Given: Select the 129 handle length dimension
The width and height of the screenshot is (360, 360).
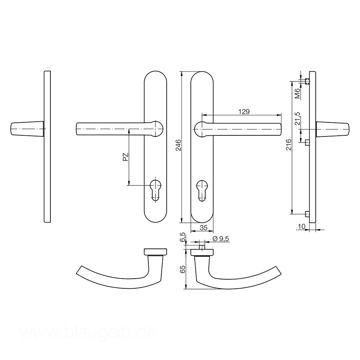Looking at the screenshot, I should (244, 112).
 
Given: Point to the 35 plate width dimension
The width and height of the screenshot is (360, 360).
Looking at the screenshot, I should (203, 228).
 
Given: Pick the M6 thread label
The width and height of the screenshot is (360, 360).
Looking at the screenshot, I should (297, 94).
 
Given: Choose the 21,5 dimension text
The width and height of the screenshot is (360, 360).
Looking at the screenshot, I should (297, 118).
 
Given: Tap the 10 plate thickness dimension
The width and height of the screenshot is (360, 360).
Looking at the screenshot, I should (301, 226).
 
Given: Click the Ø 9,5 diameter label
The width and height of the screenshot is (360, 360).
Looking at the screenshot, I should (221, 239).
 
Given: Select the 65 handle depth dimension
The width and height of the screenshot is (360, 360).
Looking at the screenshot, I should (182, 269).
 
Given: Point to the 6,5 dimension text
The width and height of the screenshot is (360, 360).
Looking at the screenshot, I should (183, 238).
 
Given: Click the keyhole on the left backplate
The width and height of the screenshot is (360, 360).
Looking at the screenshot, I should (156, 189).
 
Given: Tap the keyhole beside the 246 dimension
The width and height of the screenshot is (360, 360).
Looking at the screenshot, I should (202, 189).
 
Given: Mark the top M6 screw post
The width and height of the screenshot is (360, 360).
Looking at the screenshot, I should (307, 81).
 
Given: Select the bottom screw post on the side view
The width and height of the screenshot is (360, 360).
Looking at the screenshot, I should (307, 215).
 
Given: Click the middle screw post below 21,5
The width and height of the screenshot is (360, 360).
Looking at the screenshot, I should (307, 143).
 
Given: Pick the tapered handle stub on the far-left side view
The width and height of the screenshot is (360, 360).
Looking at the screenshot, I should (27, 129).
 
